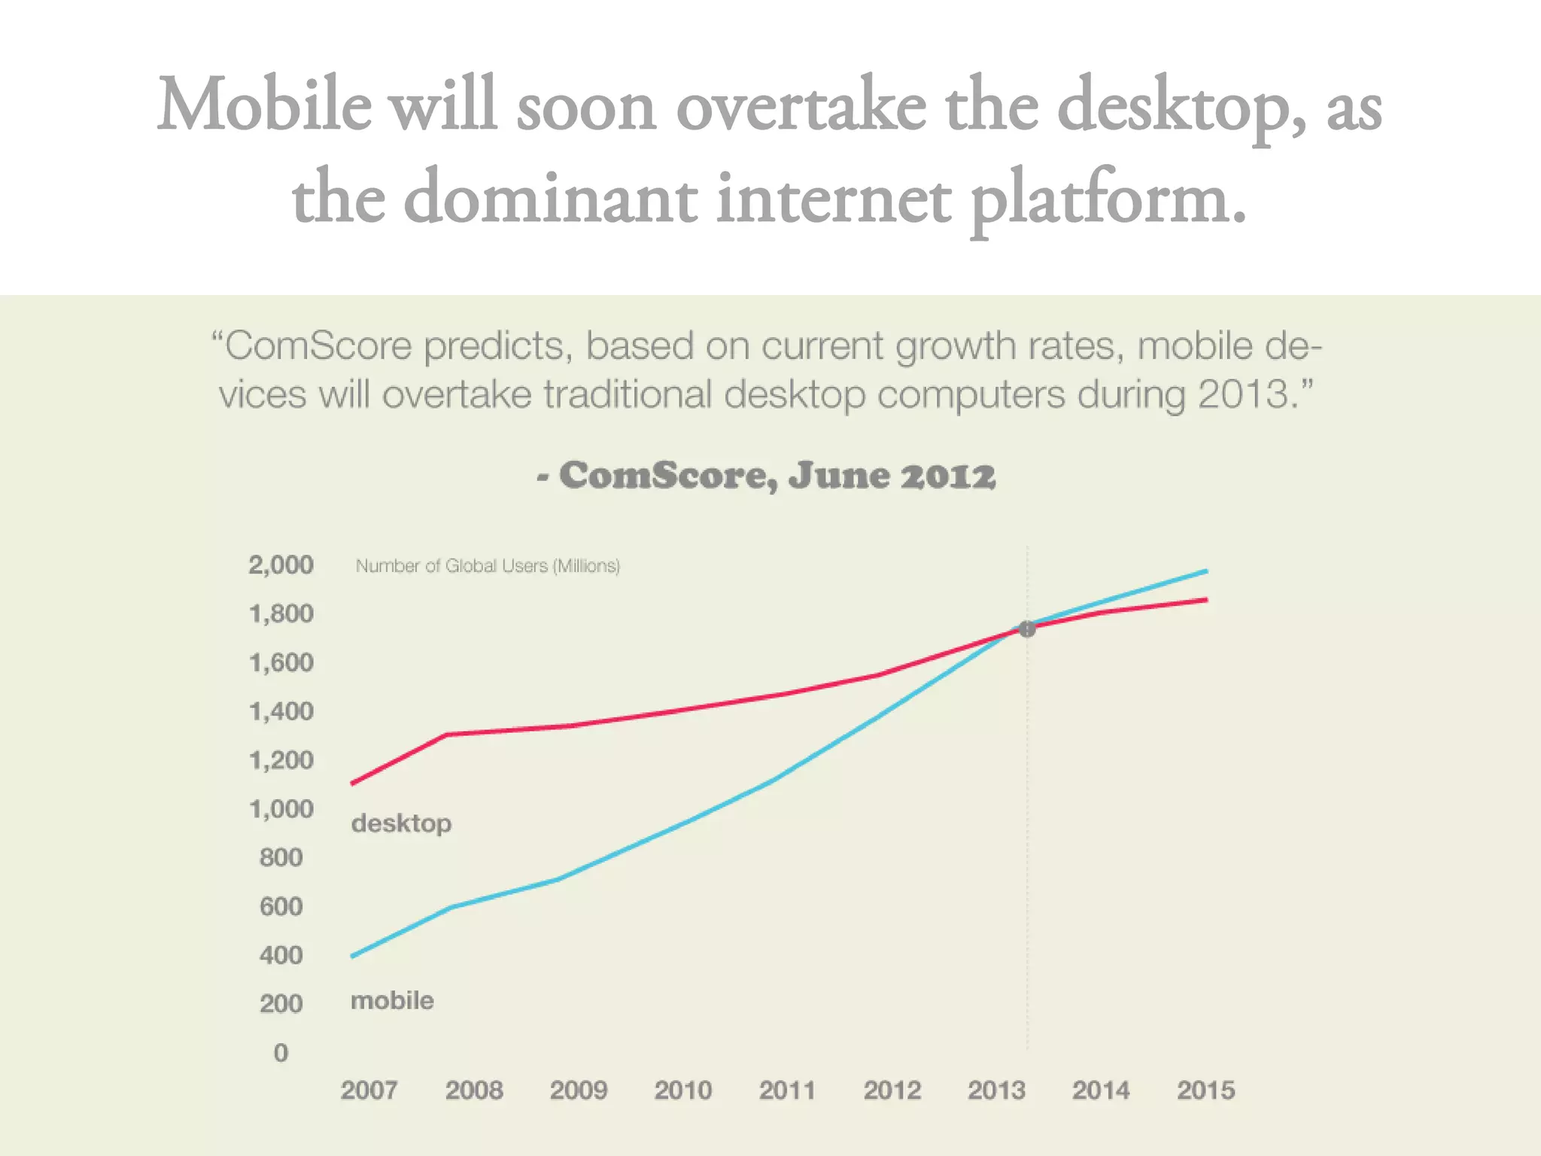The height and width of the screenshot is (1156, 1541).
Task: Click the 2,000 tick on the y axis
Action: (x=281, y=564)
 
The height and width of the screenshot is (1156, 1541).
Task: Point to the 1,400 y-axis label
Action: (x=281, y=711)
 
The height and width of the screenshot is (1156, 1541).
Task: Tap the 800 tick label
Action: (x=281, y=857)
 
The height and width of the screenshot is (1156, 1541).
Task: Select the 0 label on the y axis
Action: (x=281, y=1052)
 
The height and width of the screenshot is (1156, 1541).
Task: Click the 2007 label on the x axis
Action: (x=369, y=1090)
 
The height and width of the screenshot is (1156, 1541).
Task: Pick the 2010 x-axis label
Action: (x=682, y=1090)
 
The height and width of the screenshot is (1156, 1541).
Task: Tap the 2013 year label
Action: (x=996, y=1090)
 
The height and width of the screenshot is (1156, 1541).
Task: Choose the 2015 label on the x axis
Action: (x=1205, y=1090)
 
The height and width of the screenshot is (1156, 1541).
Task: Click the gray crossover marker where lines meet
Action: (x=1027, y=629)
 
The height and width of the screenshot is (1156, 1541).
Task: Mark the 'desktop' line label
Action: (x=401, y=823)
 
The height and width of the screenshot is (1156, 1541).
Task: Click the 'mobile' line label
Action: (x=392, y=1000)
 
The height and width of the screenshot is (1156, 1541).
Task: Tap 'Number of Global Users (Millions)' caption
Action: (x=488, y=566)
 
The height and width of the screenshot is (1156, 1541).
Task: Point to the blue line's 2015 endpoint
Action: (x=1206, y=571)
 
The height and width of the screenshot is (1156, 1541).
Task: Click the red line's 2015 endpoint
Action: (x=1206, y=600)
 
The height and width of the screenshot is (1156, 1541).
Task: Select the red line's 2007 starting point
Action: (x=353, y=783)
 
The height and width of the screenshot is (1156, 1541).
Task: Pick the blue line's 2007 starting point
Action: (x=353, y=956)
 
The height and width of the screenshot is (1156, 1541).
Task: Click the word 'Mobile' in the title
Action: (x=264, y=105)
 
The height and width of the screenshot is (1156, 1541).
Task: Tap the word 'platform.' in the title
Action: (x=1108, y=199)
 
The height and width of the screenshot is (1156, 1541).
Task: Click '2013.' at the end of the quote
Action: (x=1250, y=394)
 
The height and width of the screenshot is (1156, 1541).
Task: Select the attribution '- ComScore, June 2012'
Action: (x=766, y=476)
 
